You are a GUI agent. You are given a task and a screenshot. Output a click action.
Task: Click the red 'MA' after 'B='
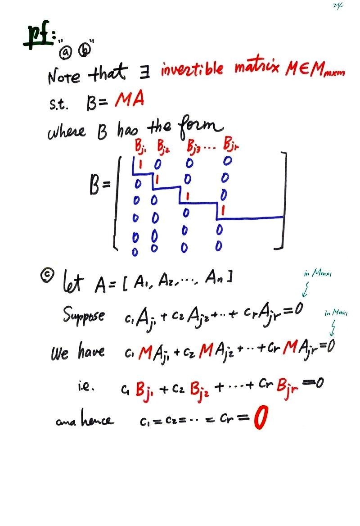point(129,99)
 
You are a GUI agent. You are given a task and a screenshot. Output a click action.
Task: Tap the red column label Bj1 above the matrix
point(139,146)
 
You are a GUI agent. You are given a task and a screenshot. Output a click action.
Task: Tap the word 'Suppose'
point(84,315)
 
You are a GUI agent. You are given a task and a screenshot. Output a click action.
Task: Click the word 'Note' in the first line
point(64,76)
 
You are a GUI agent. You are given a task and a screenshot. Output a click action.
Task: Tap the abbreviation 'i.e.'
point(84,386)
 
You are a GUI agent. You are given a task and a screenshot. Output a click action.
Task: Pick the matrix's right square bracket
point(282,200)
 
